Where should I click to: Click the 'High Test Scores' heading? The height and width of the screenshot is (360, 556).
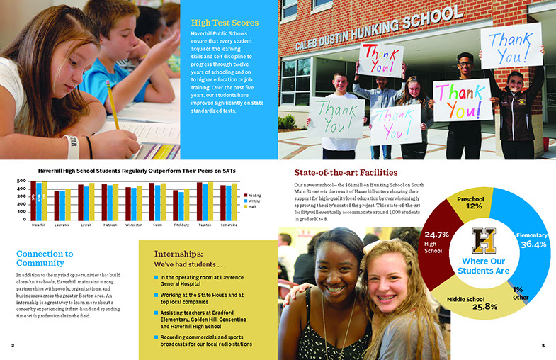click(x=224, y=23)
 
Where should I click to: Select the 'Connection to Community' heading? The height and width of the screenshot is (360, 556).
click(x=44, y=258)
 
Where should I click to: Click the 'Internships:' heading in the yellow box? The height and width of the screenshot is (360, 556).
click(x=179, y=253)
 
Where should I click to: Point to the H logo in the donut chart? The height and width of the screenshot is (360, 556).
click(x=483, y=241)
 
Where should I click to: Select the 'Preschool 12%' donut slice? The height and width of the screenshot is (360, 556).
click(x=470, y=201)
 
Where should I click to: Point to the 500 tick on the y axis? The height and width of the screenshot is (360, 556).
click(x=21, y=183)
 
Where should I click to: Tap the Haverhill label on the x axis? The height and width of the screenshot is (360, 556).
click(x=39, y=225)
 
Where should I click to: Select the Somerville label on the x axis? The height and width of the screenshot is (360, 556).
click(x=229, y=225)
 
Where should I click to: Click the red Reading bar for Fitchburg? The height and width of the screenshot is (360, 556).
click(x=176, y=205)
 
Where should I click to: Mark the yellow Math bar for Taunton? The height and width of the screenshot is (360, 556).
click(x=211, y=201)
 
